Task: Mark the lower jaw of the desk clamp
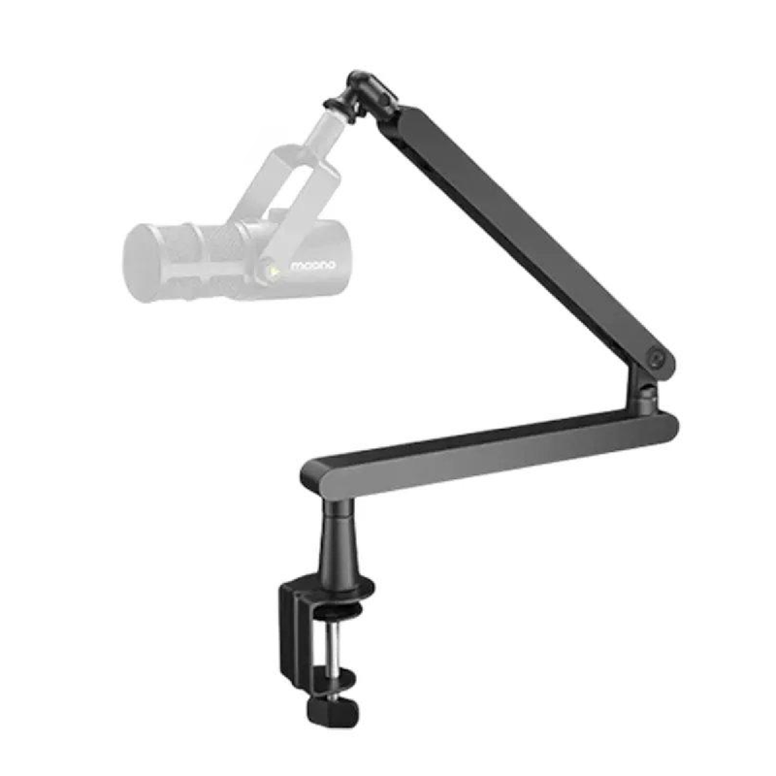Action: pos(310,679)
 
